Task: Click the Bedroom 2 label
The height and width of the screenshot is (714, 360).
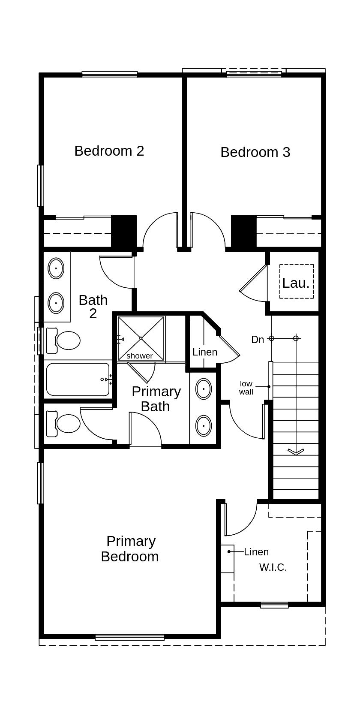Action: tap(109, 151)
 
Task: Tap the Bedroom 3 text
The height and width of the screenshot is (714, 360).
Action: tap(255, 152)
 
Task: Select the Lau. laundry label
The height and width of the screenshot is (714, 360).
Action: tap(296, 283)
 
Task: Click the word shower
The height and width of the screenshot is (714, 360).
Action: tap(139, 356)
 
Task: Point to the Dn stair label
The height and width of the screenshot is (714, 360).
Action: tap(258, 340)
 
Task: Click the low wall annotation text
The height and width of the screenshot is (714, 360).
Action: tap(246, 388)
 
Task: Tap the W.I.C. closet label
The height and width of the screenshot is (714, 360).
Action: tap(273, 567)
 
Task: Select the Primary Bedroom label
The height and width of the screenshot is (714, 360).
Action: tap(130, 549)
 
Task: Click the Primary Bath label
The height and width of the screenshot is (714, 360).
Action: tap(156, 399)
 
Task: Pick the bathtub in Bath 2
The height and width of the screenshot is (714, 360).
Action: tap(78, 380)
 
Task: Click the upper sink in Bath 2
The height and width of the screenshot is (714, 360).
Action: tap(56, 269)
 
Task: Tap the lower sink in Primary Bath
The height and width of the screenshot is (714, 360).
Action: tap(204, 426)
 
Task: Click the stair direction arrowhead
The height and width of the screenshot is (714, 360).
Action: tap(296, 451)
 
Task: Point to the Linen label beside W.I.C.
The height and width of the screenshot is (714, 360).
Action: tap(256, 552)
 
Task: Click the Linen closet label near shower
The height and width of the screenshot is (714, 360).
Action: tap(205, 352)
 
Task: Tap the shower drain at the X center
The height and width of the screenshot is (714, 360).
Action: tap(141, 338)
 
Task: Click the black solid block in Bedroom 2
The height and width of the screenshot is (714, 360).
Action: tap(124, 231)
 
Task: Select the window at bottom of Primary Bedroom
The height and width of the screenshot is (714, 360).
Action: tap(129, 637)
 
